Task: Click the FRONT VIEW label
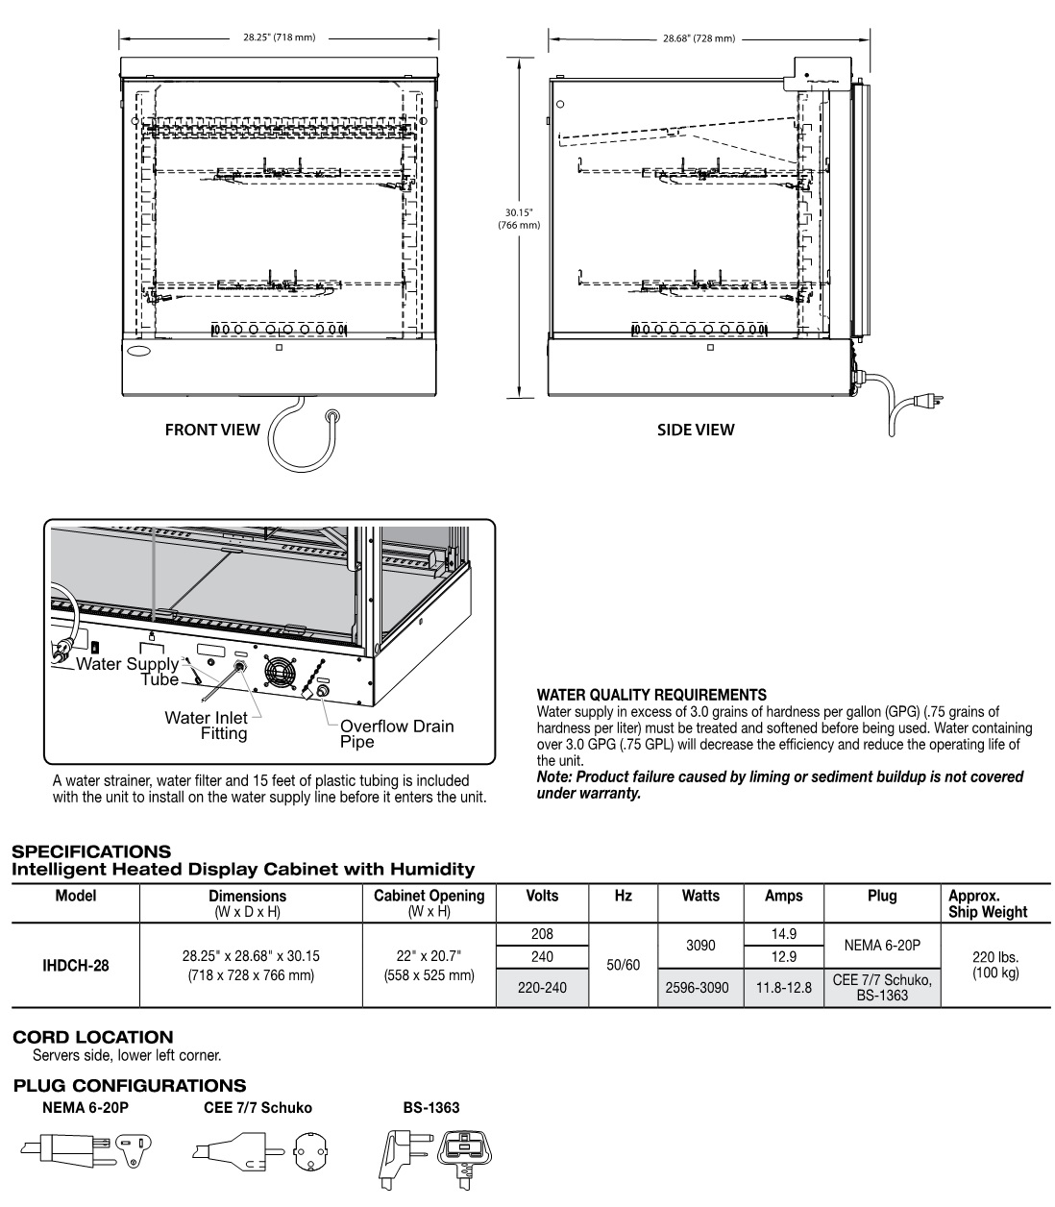212,430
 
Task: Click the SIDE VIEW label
696,430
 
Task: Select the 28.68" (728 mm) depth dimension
699,38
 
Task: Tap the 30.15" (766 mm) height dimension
519,218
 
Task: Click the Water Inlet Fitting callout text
206,726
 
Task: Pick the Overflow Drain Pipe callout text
396,733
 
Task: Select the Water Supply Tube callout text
128,672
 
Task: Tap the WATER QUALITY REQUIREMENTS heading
651,694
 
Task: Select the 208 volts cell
543,934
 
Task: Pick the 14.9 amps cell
783,934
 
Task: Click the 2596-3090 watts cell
699,987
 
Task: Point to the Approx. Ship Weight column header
988,903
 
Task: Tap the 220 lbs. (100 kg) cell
995,966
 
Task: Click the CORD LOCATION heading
93,1037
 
